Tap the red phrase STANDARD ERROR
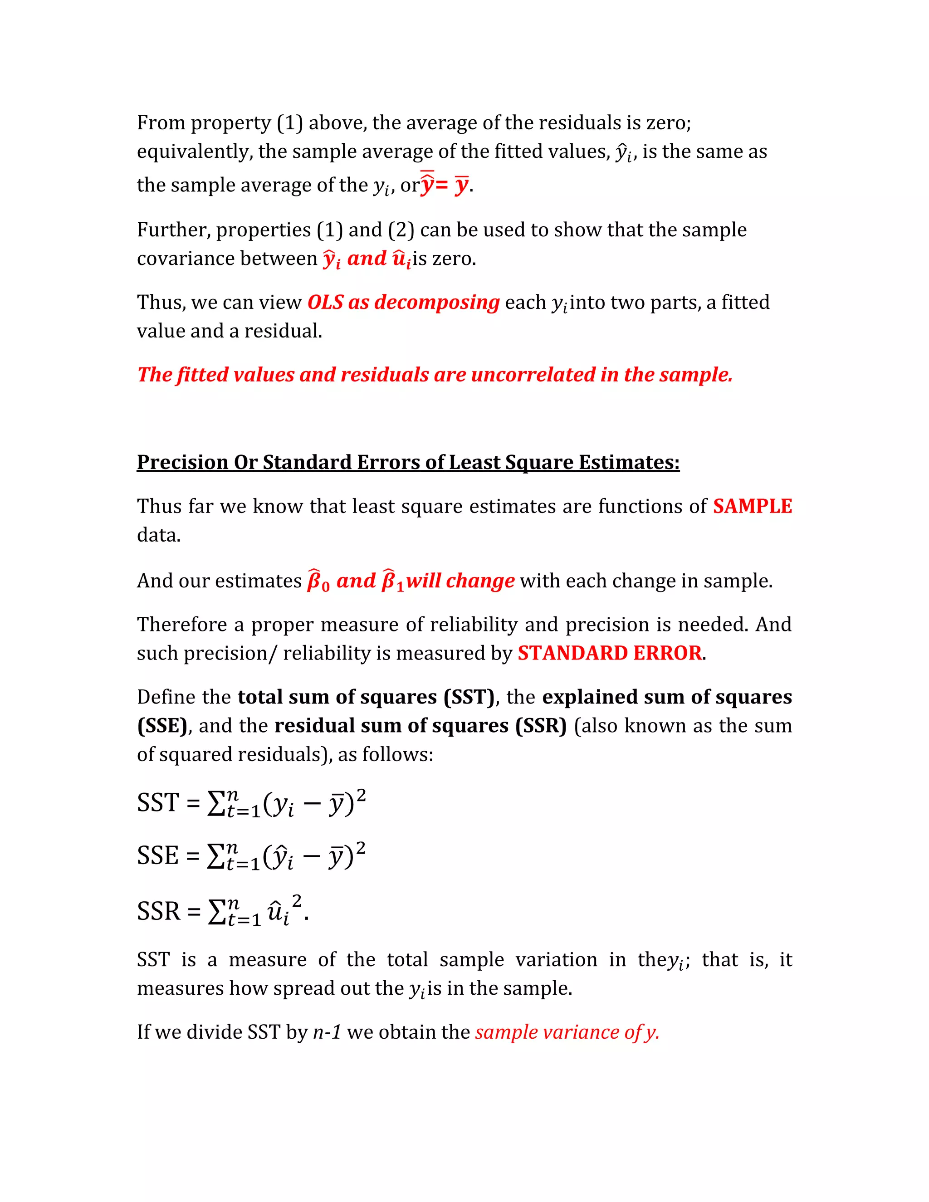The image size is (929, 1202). click(609, 653)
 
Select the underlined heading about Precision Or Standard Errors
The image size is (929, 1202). click(408, 462)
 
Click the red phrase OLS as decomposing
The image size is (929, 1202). click(403, 302)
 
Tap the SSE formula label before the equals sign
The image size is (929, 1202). click(158, 855)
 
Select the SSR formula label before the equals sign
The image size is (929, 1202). click(158, 911)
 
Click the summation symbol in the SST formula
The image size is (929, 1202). click(216, 804)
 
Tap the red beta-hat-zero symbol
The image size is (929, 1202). click(318, 581)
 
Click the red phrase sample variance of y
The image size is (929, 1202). click(567, 1032)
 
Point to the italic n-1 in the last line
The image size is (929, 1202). click(327, 1032)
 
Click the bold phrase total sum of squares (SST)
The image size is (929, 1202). click(366, 697)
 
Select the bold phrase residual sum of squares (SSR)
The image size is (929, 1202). click(420, 725)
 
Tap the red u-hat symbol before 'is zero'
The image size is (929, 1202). click(401, 259)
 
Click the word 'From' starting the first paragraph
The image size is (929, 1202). click(160, 122)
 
